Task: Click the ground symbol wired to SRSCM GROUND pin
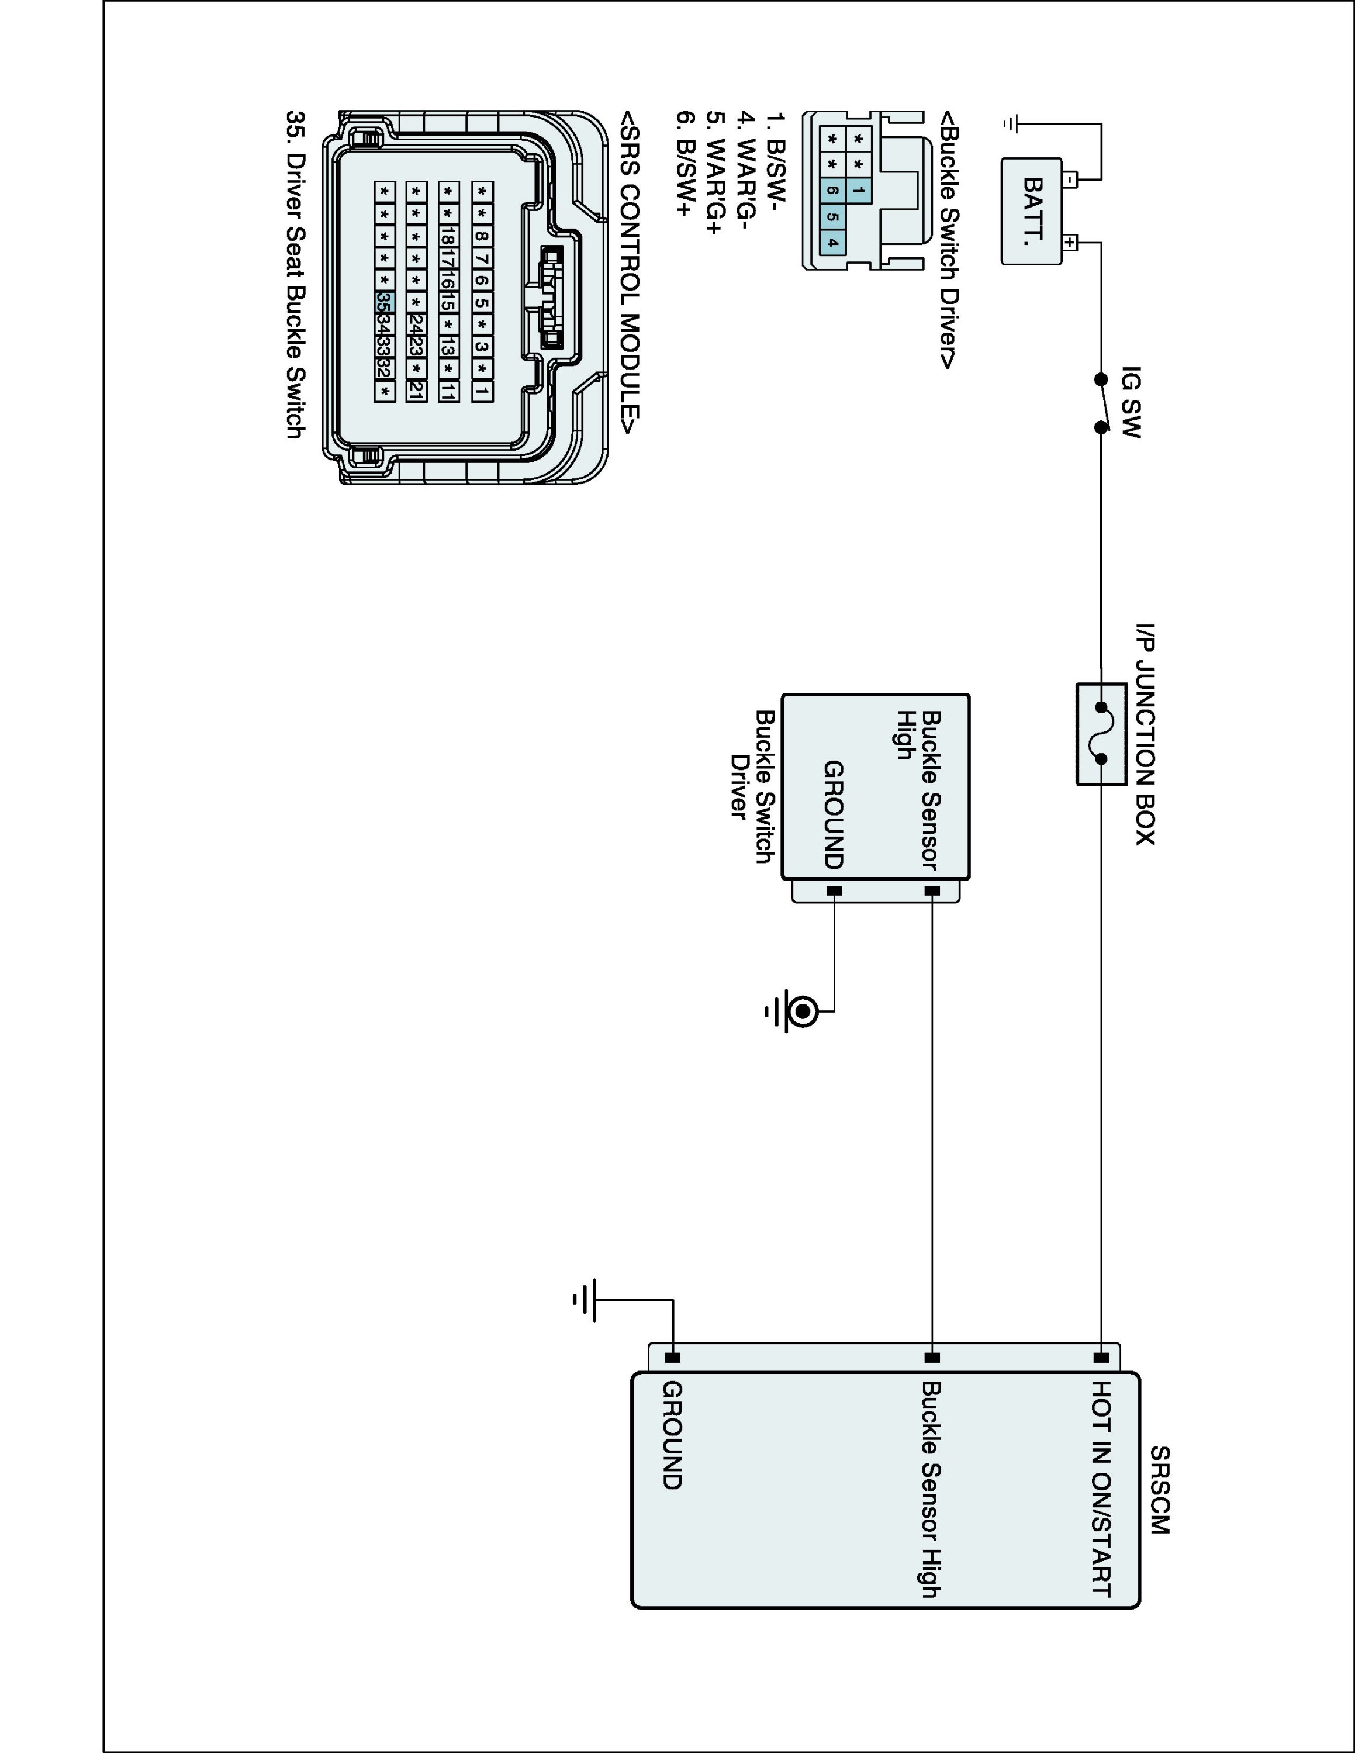[x=585, y=1300]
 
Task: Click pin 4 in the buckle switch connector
[x=833, y=243]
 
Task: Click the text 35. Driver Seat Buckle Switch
[x=295, y=274]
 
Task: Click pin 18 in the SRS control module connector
[x=448, y=236]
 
